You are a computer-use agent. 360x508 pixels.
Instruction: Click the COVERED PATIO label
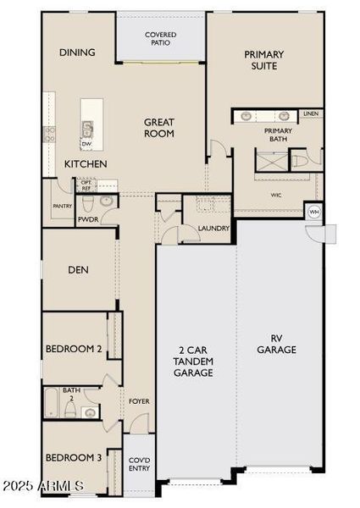160,37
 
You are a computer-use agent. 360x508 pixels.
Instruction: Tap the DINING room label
77,52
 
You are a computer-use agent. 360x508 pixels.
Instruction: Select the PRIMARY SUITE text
264,61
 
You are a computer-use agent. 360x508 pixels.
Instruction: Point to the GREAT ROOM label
159,128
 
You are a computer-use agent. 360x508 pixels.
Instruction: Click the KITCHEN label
86,163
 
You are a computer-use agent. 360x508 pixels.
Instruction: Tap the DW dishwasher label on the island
86,145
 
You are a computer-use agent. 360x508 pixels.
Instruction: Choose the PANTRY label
61,206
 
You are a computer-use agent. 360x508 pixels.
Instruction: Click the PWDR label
88,219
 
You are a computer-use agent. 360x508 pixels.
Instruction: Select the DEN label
79,271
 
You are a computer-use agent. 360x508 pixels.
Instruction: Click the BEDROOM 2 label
74,349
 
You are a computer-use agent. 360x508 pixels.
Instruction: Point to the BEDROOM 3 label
74,458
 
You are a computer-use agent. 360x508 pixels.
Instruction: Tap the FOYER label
139,401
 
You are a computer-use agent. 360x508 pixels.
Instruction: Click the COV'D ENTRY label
139,464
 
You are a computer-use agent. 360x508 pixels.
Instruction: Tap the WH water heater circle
314,212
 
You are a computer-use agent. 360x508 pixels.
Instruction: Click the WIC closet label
276,194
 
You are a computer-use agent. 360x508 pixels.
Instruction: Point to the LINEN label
311,113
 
